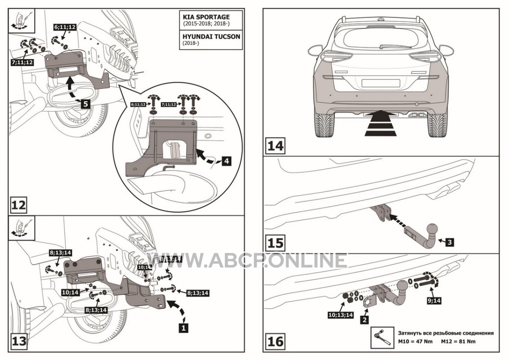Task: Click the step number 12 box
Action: tap(19, 205)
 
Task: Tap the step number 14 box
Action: tap(275, 146)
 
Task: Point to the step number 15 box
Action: tap(275, 243)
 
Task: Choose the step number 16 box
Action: tap(276, 341)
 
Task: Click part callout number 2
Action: tap(364, 320)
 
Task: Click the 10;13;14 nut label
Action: tap(341, 315)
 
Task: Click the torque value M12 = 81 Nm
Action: tap(458, 341)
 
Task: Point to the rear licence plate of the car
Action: tap(380, 83)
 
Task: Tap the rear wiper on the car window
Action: tap(392, 46)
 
